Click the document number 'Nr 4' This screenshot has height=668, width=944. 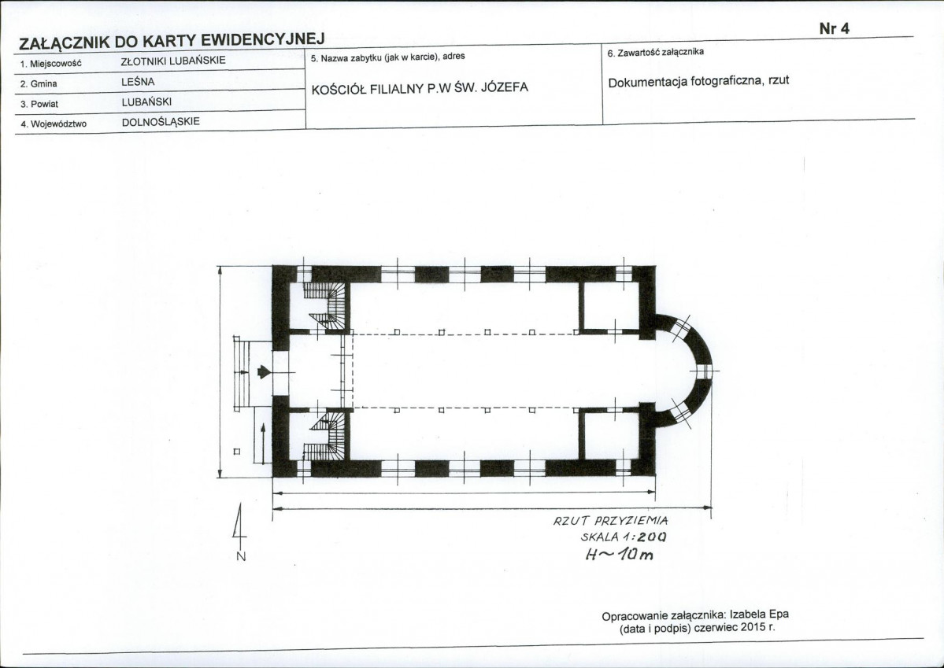tap(834, 29)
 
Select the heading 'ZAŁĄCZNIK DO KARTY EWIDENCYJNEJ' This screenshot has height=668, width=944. tap(172, 42)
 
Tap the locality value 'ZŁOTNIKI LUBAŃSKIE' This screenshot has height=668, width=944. tap(173, 61)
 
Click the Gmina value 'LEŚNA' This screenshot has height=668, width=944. tap(138, 82)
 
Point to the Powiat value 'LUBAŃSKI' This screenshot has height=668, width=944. tap(146, 102)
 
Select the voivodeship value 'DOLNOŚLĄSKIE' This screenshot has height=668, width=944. tap(161, 122)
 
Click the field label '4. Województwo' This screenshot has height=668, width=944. tap(54, 124)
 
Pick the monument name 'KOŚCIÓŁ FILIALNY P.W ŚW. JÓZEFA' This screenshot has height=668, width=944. tap(420, 88)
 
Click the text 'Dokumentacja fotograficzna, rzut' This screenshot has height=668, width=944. tap(698, 82)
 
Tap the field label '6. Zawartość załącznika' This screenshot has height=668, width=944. tap(655, 53)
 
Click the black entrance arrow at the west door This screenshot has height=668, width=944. tap(264, 372)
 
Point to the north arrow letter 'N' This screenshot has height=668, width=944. tap(241, 557)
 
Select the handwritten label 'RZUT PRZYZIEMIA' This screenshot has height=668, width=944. tap(610, 521)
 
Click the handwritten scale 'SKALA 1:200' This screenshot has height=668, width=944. tap(624, 537)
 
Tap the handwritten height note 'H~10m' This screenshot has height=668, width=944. tap(619, 554)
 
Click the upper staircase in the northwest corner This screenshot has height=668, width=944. tap(326, 305)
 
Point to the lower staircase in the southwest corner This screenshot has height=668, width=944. tap(326, 437)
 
